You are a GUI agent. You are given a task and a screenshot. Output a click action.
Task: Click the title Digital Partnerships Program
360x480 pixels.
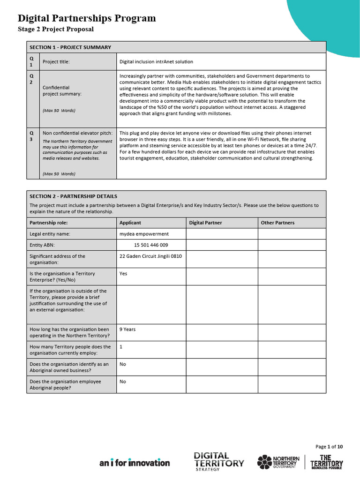pyautogui.click(x=87, y=18)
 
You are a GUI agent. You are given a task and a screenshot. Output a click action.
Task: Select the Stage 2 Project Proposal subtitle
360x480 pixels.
pyautogui.click(x=56, y=29)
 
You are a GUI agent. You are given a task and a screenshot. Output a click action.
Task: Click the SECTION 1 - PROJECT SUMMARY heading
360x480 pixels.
pyautogui.click(x=70, y=47)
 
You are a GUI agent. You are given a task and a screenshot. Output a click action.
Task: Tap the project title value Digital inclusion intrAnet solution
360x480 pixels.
pyautogui.click(x=156, y=62)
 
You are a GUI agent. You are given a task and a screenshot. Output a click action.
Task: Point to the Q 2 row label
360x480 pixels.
pyautogui.click(x=32, y=78)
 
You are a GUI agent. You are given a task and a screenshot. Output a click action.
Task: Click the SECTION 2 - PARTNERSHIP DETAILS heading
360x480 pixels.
pyautogui.click(x=73, y=196)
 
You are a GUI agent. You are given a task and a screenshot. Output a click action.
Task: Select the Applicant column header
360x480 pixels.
pyautogui.click(x=130, y=223)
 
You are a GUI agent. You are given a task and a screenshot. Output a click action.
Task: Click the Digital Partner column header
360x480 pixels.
pyautogui.click(x=205, y=223)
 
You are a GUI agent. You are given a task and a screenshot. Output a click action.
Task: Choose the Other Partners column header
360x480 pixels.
pyautogui.click(x=277, y=223)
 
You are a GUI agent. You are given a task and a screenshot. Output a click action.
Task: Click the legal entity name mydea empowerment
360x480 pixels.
pyautogui.click(x=144, y=234)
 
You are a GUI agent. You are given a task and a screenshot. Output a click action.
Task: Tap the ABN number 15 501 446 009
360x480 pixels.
pyautogui.click(x=151, y=245)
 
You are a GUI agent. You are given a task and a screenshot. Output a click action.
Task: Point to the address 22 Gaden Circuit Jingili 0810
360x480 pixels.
pyautogui.click(x=150, y=256)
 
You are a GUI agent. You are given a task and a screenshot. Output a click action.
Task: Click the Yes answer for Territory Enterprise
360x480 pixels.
pyautogui.click(x=123, y=274)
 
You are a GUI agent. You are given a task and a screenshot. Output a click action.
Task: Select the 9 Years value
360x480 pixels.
pyautogui.click(x=127, y=330)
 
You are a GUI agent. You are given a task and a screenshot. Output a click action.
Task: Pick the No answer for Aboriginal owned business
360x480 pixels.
pyautogui.click(x=123, y=364)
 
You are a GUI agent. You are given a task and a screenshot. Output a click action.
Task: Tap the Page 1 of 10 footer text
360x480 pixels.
pyautogui.click(x=329, y=447)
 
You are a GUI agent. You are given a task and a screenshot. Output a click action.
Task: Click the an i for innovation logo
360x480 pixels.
pyautogui.click(x=135, y=463)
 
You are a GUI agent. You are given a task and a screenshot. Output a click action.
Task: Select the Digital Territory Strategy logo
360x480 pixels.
pyautogui.click(x=219, y=461)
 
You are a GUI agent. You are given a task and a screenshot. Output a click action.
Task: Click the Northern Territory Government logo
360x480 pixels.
pyautogui.click(x=278, y=462)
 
